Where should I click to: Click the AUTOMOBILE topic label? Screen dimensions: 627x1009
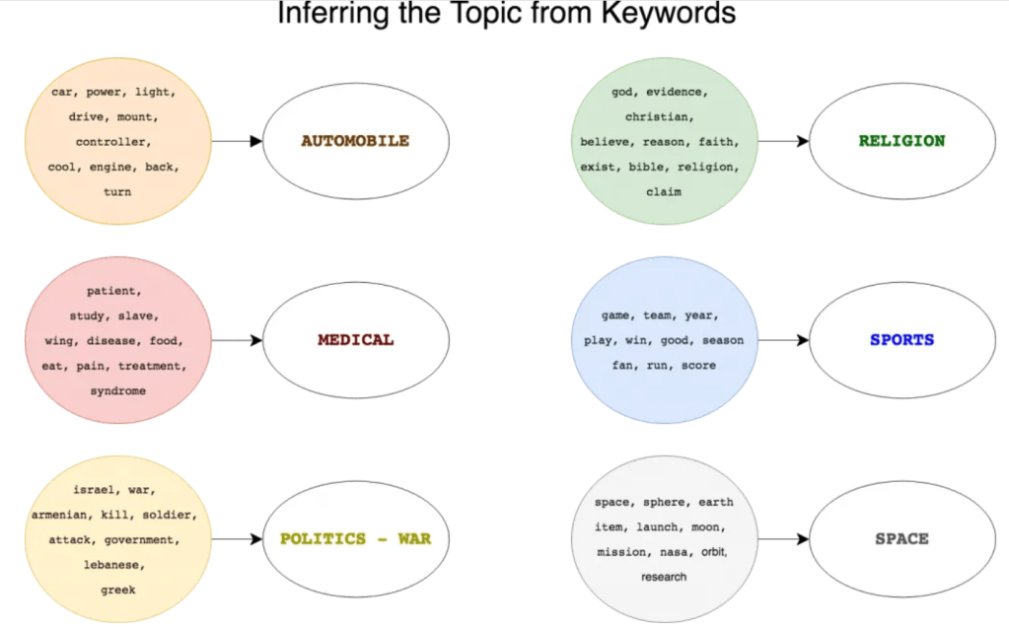point(355,141)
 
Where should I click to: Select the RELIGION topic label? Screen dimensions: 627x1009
point(901,141)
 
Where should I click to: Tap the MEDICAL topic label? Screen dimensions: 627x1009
point(355,340)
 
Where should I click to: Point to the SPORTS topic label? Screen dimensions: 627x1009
point(901,340)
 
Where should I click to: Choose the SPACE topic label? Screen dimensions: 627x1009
point(901,539)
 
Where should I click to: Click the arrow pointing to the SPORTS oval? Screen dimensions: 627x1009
point(783,340)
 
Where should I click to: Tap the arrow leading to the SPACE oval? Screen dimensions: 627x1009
point(783,539)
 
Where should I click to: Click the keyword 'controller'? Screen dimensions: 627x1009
point(113,142)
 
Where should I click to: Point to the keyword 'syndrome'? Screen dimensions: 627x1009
point(117,390)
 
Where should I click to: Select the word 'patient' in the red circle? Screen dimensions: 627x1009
point(113,291)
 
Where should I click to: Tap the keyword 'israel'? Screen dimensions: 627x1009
point(96,490)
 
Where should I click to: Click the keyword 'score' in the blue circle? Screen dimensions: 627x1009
point(698,366)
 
